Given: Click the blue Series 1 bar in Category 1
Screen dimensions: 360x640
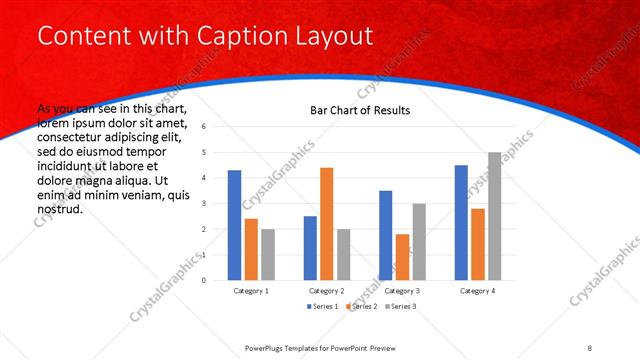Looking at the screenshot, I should coord(234,225).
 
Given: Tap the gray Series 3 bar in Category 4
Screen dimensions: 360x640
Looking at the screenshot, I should coord(494,216).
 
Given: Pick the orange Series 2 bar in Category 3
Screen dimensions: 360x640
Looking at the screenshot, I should coord(402,257).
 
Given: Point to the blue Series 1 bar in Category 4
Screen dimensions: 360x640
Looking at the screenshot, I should coord(461,222).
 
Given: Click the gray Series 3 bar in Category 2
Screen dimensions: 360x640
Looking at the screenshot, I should coord(343,254).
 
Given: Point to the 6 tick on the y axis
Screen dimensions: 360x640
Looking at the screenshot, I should coord(204,127).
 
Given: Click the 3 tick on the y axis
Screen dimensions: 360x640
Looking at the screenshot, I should coord(204,204).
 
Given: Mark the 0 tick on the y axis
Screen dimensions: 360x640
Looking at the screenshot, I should coord(204,280).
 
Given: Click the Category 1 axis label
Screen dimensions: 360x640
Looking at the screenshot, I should coord(251,290).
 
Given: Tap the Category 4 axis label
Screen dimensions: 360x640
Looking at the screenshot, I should coord(477,290).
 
